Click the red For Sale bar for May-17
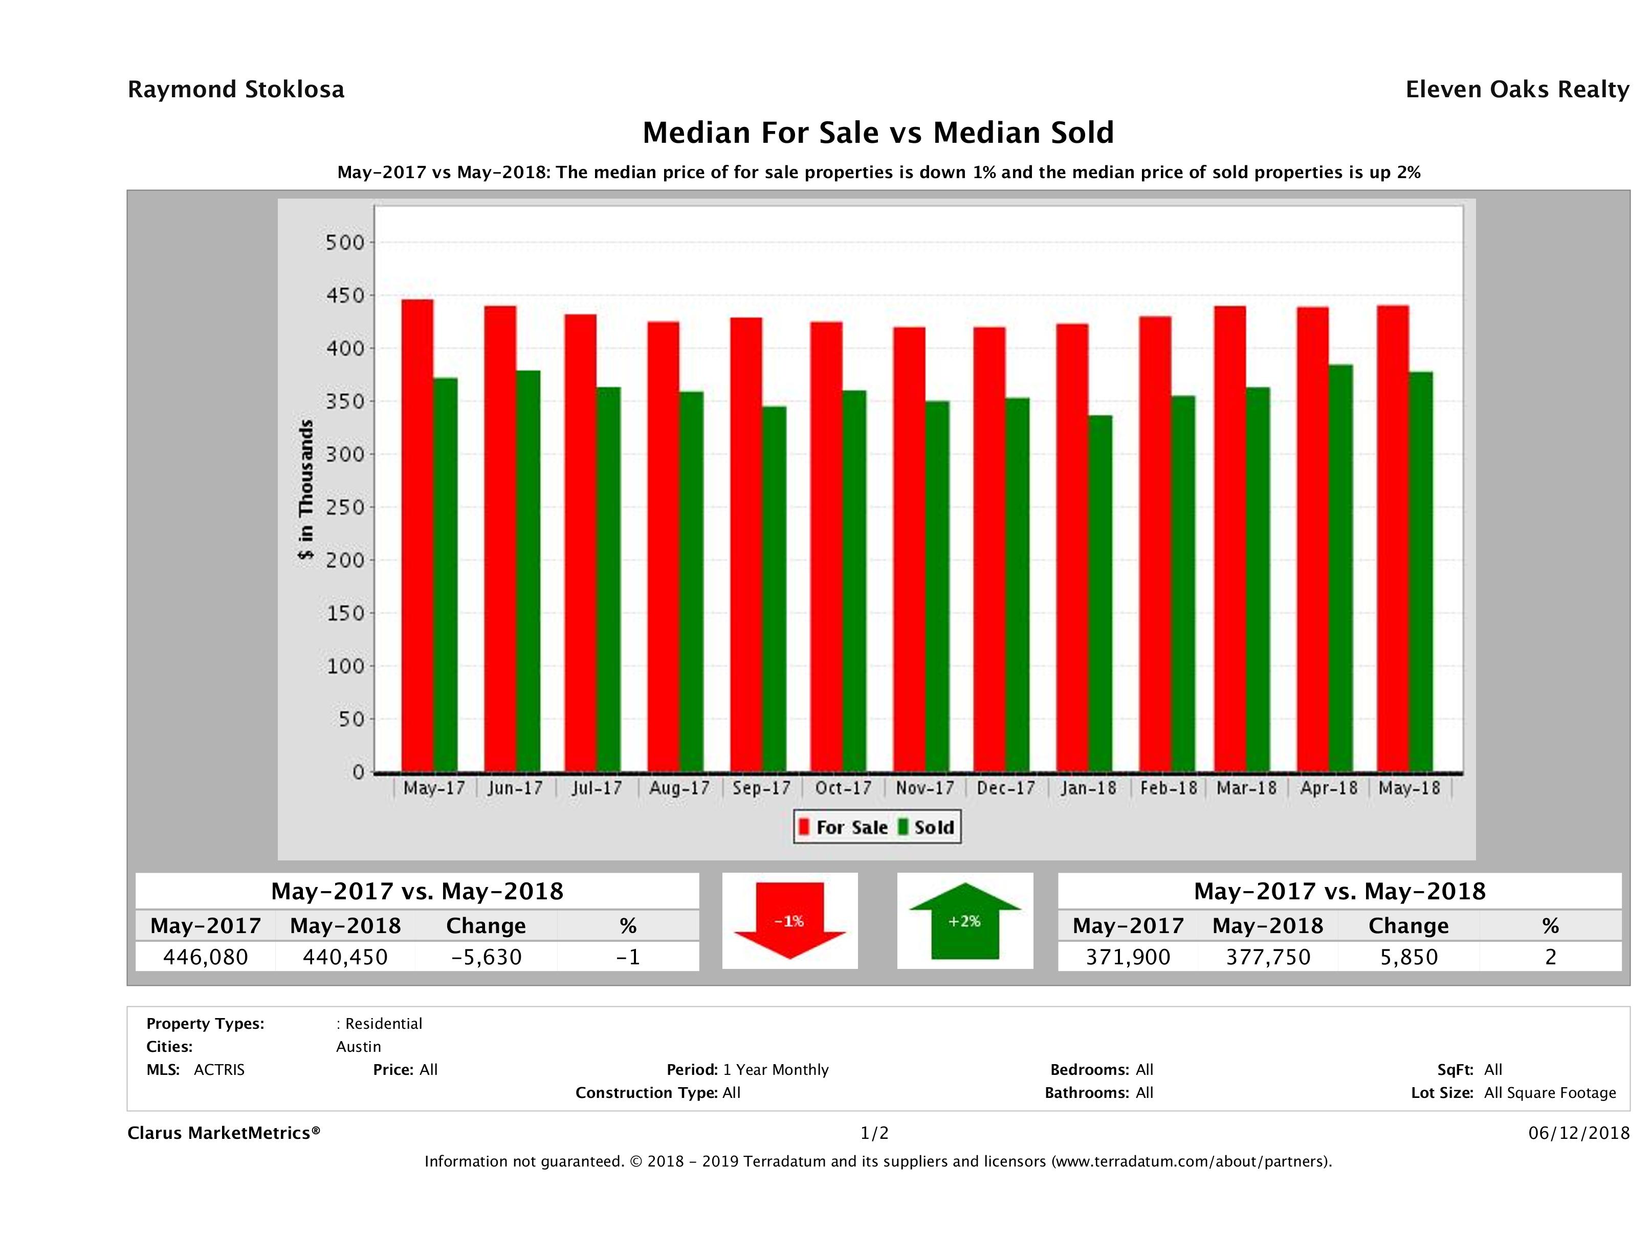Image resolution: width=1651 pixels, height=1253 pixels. tap(417, 535)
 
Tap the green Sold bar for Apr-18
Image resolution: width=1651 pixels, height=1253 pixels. tap(1340, 568)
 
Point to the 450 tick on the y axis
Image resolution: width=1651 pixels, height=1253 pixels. tap(345, 296)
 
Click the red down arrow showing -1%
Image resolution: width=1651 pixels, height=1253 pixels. tap(789, 921)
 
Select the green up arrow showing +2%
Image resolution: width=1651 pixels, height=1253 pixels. tap(965, 921)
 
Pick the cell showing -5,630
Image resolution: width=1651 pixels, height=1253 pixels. tap(486, 957)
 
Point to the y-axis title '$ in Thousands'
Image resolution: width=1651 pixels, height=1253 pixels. tap(306, 489)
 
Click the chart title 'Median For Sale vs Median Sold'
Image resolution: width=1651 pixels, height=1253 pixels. tap(878, 133)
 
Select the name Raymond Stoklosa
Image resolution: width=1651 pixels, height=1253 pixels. tap(236, 90)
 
